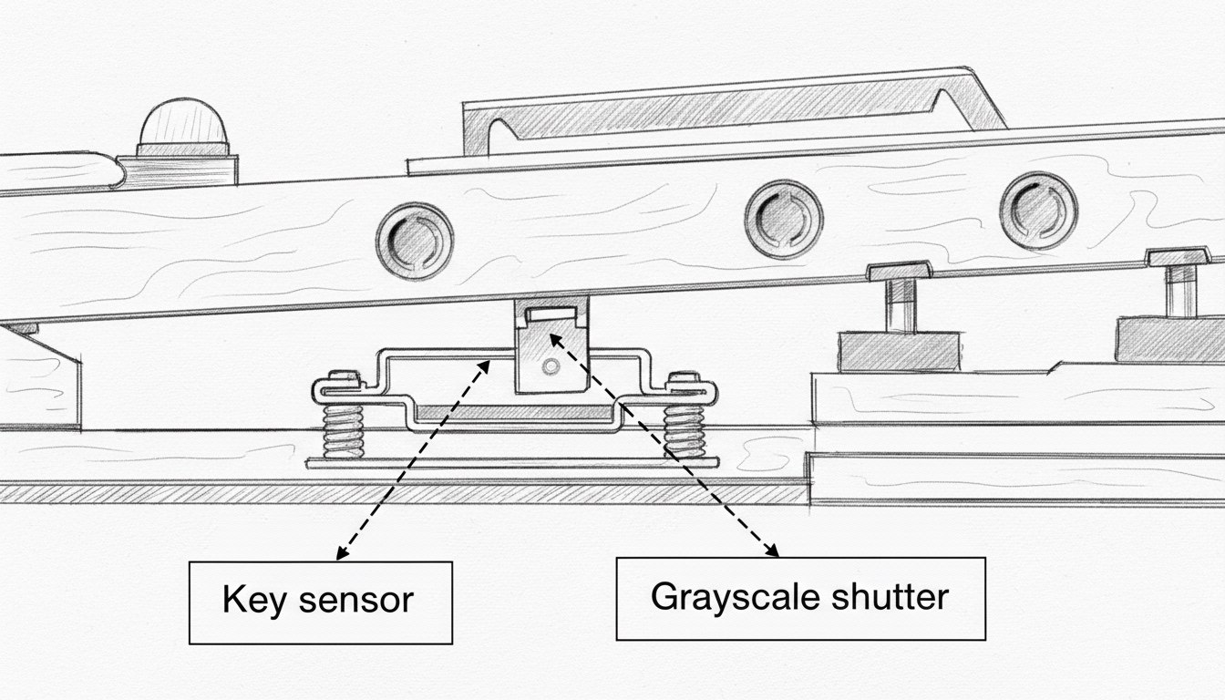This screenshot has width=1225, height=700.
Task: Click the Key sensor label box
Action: tap(320, 602)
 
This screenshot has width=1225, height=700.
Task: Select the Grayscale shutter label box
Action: tap(800, 598)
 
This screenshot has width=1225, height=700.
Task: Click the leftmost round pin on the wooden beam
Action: tap(415, 240)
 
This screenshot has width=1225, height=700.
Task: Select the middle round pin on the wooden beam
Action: tap(783, 219)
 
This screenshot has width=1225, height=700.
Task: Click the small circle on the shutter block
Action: tap(549, 366)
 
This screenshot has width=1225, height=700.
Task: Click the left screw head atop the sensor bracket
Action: tap(343, 376)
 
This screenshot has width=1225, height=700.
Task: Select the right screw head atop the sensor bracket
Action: tap(685, 377)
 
